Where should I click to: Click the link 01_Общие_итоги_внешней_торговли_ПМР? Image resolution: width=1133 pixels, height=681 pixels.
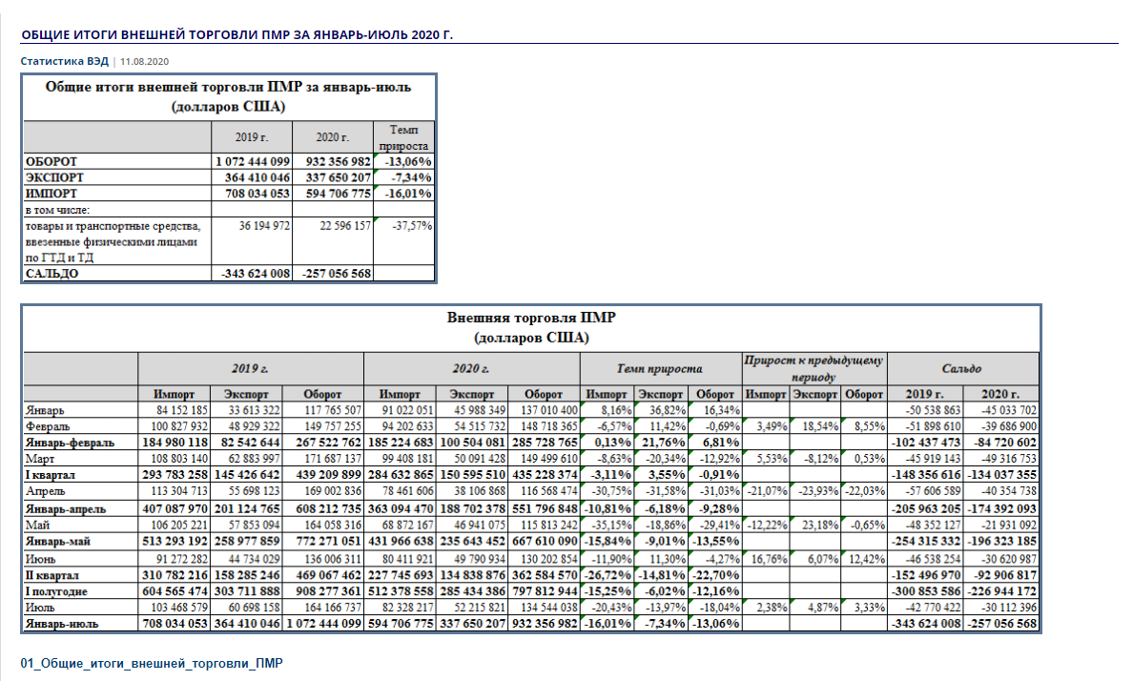pos(152,663)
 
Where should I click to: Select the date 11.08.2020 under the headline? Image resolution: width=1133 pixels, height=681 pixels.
pos(145,61)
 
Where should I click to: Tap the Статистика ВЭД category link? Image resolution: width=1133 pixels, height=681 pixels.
pos(64,61)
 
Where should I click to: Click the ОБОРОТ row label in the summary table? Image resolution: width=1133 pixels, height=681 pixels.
pos(51,161)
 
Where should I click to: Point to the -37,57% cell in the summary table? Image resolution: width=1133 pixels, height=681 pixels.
pos(412,225)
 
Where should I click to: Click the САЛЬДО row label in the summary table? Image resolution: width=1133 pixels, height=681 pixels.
pos(52,274)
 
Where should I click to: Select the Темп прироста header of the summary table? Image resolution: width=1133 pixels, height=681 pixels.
pos(403,137)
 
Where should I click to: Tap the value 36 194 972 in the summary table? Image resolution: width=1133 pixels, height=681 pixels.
pos(264,225)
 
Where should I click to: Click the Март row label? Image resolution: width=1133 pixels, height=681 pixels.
pos(40,459)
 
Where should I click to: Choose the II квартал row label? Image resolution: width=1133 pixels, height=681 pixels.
pos(52,575)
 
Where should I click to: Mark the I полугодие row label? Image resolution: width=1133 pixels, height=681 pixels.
pos(56,591)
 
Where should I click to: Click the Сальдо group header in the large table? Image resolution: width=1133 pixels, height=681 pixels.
pos(961,369)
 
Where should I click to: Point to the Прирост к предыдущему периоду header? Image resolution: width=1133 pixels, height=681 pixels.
pos(814,368)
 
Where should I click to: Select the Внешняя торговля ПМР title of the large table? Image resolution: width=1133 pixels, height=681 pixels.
pos(531,318)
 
